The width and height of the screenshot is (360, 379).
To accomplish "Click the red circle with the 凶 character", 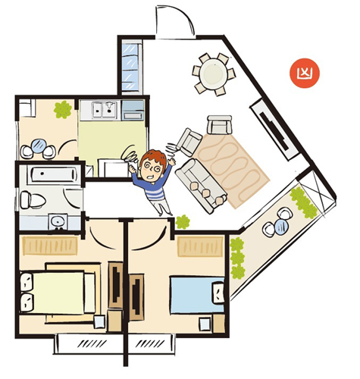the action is click(305, 74).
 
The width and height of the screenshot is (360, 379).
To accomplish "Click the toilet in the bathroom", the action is click(33, 200).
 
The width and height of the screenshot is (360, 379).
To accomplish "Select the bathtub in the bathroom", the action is click(53, 174).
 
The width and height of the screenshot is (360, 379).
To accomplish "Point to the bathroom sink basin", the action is click(58, 222).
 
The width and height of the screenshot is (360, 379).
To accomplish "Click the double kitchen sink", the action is click(104, 109).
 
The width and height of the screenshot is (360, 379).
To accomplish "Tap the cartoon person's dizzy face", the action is click(152, 168).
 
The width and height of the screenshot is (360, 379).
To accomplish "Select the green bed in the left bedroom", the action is click(58, 292).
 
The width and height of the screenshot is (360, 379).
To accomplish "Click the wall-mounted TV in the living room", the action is click(274, 132).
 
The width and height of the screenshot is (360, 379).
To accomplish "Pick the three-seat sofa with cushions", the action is click(202, 185).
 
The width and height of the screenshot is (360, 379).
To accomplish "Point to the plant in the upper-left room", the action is click(63, 109).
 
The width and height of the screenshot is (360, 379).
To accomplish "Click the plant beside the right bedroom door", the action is click(183, 222).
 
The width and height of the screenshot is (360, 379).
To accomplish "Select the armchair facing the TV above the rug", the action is click(219, 125).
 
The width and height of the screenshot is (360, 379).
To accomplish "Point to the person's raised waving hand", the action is click(172, 161).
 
